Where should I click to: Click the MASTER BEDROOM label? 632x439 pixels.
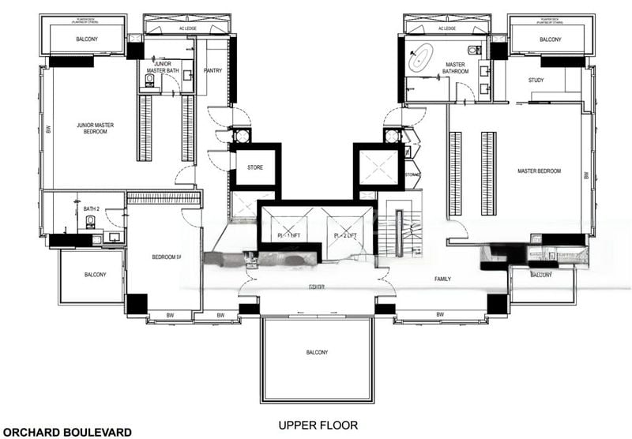(x=539, y=171)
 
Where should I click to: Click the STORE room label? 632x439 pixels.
(x=254, y=167)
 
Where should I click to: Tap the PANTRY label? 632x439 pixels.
(x=212, y=71)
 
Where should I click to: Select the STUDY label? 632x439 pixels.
(x=536, y=81)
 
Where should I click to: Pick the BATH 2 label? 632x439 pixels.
(x=92, y=209)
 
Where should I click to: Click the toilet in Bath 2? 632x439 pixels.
(x=90, y=223)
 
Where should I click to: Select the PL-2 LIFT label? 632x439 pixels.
(x=344, y=235)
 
